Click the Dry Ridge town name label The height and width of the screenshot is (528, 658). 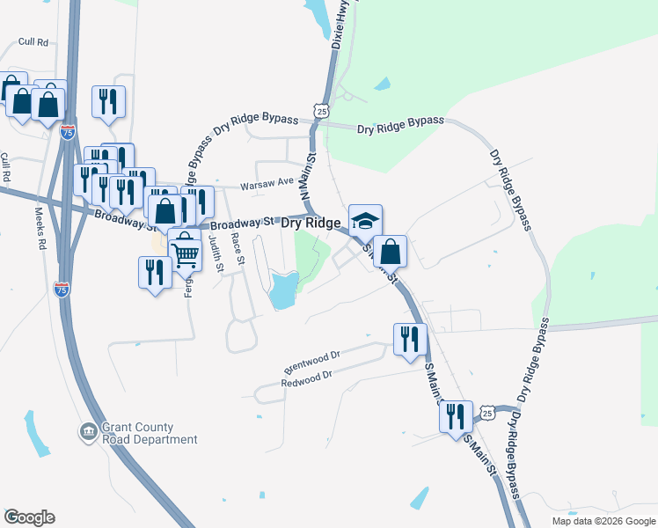pos(311,224)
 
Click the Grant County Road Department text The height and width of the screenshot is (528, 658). pos(137,433)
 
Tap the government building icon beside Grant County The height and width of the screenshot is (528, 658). pos(88,432)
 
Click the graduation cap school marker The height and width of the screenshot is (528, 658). pos(365,220)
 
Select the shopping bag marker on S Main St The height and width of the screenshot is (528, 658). pos(390,251)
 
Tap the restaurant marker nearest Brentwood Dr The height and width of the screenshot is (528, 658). pos(410,339)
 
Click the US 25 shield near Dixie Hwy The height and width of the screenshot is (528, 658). pos(322,111)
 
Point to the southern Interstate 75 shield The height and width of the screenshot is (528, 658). pos(62,291)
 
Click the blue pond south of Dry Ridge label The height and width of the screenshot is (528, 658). pos(283,290)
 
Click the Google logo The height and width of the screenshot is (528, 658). pos(29,517)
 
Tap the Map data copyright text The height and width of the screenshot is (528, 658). pos(603,521)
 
